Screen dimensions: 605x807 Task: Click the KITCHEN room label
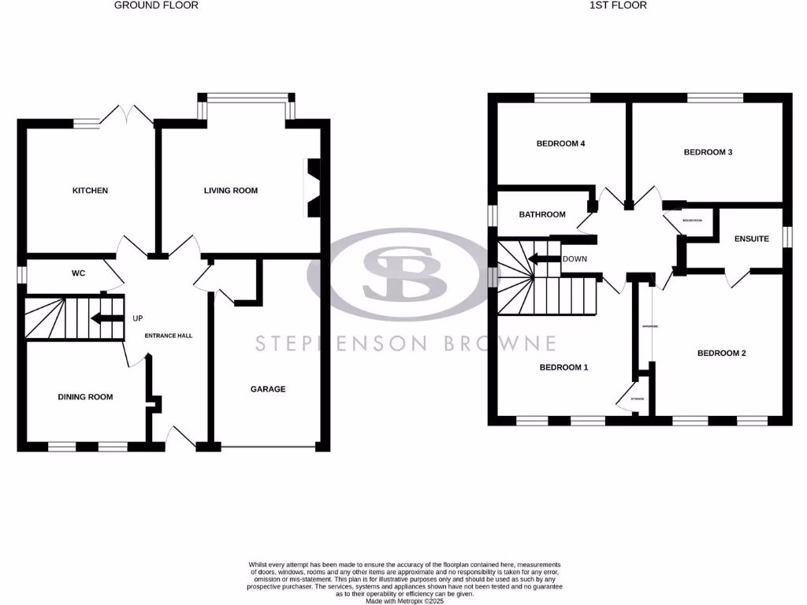[x=90, y=191]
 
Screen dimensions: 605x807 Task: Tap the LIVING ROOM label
[x=231, y=191]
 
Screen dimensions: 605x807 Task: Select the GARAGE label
[x=268, y=389]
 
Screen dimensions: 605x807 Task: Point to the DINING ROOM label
[x=85, y=397]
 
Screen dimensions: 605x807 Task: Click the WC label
[x=78, y=273]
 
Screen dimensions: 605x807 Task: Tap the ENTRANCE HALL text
[x=169, y=336]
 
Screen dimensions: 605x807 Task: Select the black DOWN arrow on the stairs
[x=543, y=259]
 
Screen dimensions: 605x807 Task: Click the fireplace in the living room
[x=313, y=188]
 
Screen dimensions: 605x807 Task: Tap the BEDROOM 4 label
[x=560, y=143]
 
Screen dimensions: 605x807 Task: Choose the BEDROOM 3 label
[x=708, y=152]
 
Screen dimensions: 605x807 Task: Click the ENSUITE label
[x=751, y=239]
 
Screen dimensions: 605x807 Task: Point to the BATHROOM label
[x=541, y=214]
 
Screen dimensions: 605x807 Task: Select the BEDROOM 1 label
[x=563, y=368]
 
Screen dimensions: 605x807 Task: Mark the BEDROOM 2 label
[x=721, y=354]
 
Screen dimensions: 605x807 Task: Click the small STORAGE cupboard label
[x=638, y=399]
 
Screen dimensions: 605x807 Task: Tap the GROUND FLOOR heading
[x=156, y=6]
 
